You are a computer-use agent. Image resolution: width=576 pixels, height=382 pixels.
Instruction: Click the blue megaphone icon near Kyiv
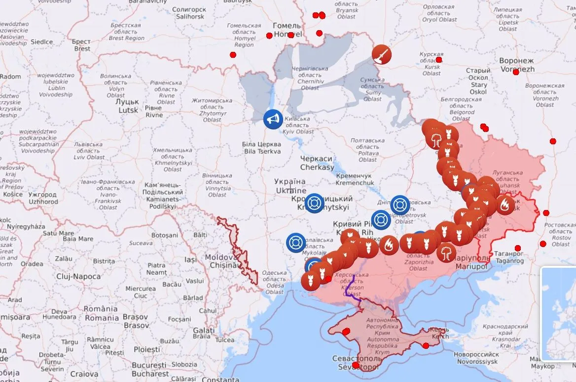[x=273, y=119]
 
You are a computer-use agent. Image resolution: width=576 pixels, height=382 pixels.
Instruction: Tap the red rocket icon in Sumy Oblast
[x=381, y=54]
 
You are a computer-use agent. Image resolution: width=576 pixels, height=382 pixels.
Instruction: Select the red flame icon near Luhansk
[x=505, y=204]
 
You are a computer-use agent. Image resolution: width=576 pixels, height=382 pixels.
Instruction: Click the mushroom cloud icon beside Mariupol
[x=447, y=252]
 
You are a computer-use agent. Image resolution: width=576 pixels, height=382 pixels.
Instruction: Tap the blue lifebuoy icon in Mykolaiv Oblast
[x=296, y=243]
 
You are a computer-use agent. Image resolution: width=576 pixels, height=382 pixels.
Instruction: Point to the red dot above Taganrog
[x=517, y=248]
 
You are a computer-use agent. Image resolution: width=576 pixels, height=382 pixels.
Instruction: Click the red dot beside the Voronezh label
[x=516, y=72]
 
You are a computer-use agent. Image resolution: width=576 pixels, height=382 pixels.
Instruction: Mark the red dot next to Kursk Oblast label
[x=438, y=60]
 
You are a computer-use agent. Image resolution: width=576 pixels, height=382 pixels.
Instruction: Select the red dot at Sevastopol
[x=356, y=365]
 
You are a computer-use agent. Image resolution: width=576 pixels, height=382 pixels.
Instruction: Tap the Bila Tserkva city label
[x=262, y=147]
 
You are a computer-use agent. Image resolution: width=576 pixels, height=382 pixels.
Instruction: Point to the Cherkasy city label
[x=317, y=163]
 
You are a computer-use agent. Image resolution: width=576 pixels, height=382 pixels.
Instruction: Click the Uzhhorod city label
[x=43, y=198]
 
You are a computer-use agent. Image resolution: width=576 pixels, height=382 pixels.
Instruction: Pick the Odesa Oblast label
[x=275, y=282]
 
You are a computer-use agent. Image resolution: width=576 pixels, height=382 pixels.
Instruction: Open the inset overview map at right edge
[x=559, y=314]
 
